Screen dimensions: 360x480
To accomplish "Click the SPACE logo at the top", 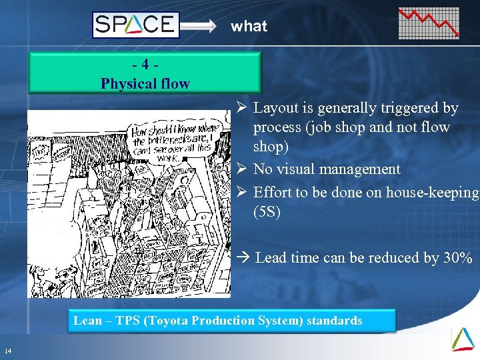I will point(135,25).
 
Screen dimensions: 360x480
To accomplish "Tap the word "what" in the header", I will point(249,27).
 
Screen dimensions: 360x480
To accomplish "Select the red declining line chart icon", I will point(429,23).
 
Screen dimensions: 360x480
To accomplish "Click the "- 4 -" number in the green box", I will point(145,66).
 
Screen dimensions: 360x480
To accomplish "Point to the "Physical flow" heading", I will point(145,84).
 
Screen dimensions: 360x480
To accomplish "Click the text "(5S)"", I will point(268,212).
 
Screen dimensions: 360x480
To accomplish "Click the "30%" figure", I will point(458,258).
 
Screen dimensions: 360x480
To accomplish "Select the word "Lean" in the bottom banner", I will point(87,321).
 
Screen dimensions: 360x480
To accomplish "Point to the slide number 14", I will point(7,351).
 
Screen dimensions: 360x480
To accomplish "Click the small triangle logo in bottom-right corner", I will point(463,339).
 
